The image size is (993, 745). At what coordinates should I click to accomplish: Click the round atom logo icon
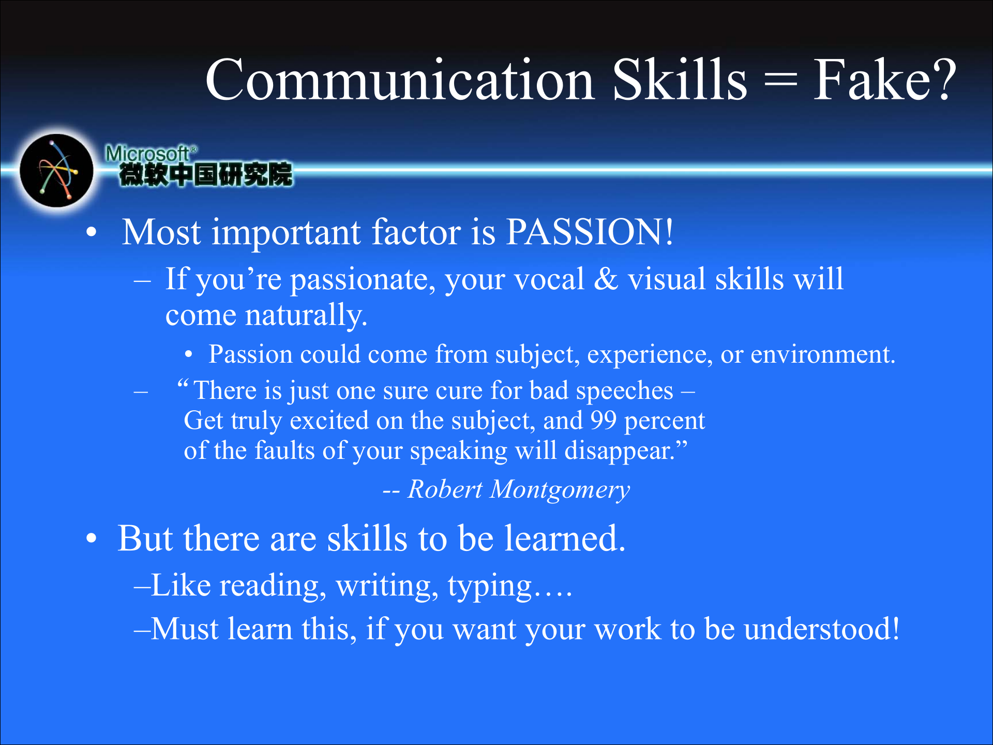click(56, 170)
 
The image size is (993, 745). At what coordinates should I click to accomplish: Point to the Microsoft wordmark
click(151, 154)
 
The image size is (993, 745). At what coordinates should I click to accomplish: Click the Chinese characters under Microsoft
click(205, 174)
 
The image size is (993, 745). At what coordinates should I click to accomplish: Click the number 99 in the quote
click(604, 420)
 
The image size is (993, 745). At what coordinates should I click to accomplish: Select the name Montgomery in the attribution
click(560, 490)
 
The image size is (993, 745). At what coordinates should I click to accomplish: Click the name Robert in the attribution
click(445, 489)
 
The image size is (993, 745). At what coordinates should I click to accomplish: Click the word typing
click(490, 587)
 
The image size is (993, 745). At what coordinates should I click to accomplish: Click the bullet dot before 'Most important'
click(92, 233)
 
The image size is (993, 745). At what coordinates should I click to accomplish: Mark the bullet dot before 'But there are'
click(92, 539)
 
